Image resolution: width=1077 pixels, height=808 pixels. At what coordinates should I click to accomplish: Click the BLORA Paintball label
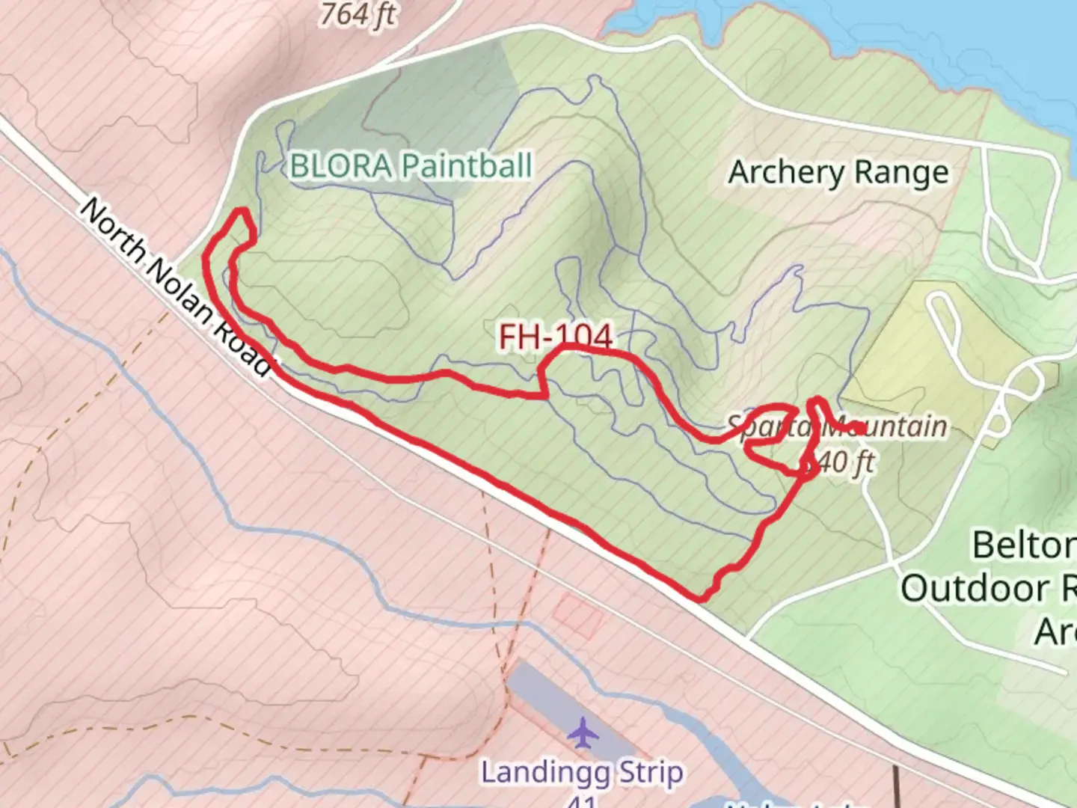coord(411,166)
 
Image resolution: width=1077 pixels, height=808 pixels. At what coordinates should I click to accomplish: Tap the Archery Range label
coord(838,173)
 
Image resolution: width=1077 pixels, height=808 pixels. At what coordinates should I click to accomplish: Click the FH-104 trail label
coord(556,337)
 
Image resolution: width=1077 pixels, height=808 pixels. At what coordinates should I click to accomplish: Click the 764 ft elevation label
coord(358,13)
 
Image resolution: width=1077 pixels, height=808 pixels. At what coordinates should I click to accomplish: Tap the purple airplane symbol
coord(583,732)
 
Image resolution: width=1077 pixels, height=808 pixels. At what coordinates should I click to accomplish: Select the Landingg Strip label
coord(581,772)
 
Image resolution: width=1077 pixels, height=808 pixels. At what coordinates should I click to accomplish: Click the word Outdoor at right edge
coord(975,588)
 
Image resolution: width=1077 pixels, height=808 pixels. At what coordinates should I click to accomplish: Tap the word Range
coord(901,173)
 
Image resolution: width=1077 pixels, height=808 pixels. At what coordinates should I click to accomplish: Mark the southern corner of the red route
coord(701,599)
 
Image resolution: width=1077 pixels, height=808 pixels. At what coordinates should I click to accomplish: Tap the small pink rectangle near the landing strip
coord(578,615)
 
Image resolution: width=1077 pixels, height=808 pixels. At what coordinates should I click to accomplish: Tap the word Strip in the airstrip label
coord(649,772)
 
